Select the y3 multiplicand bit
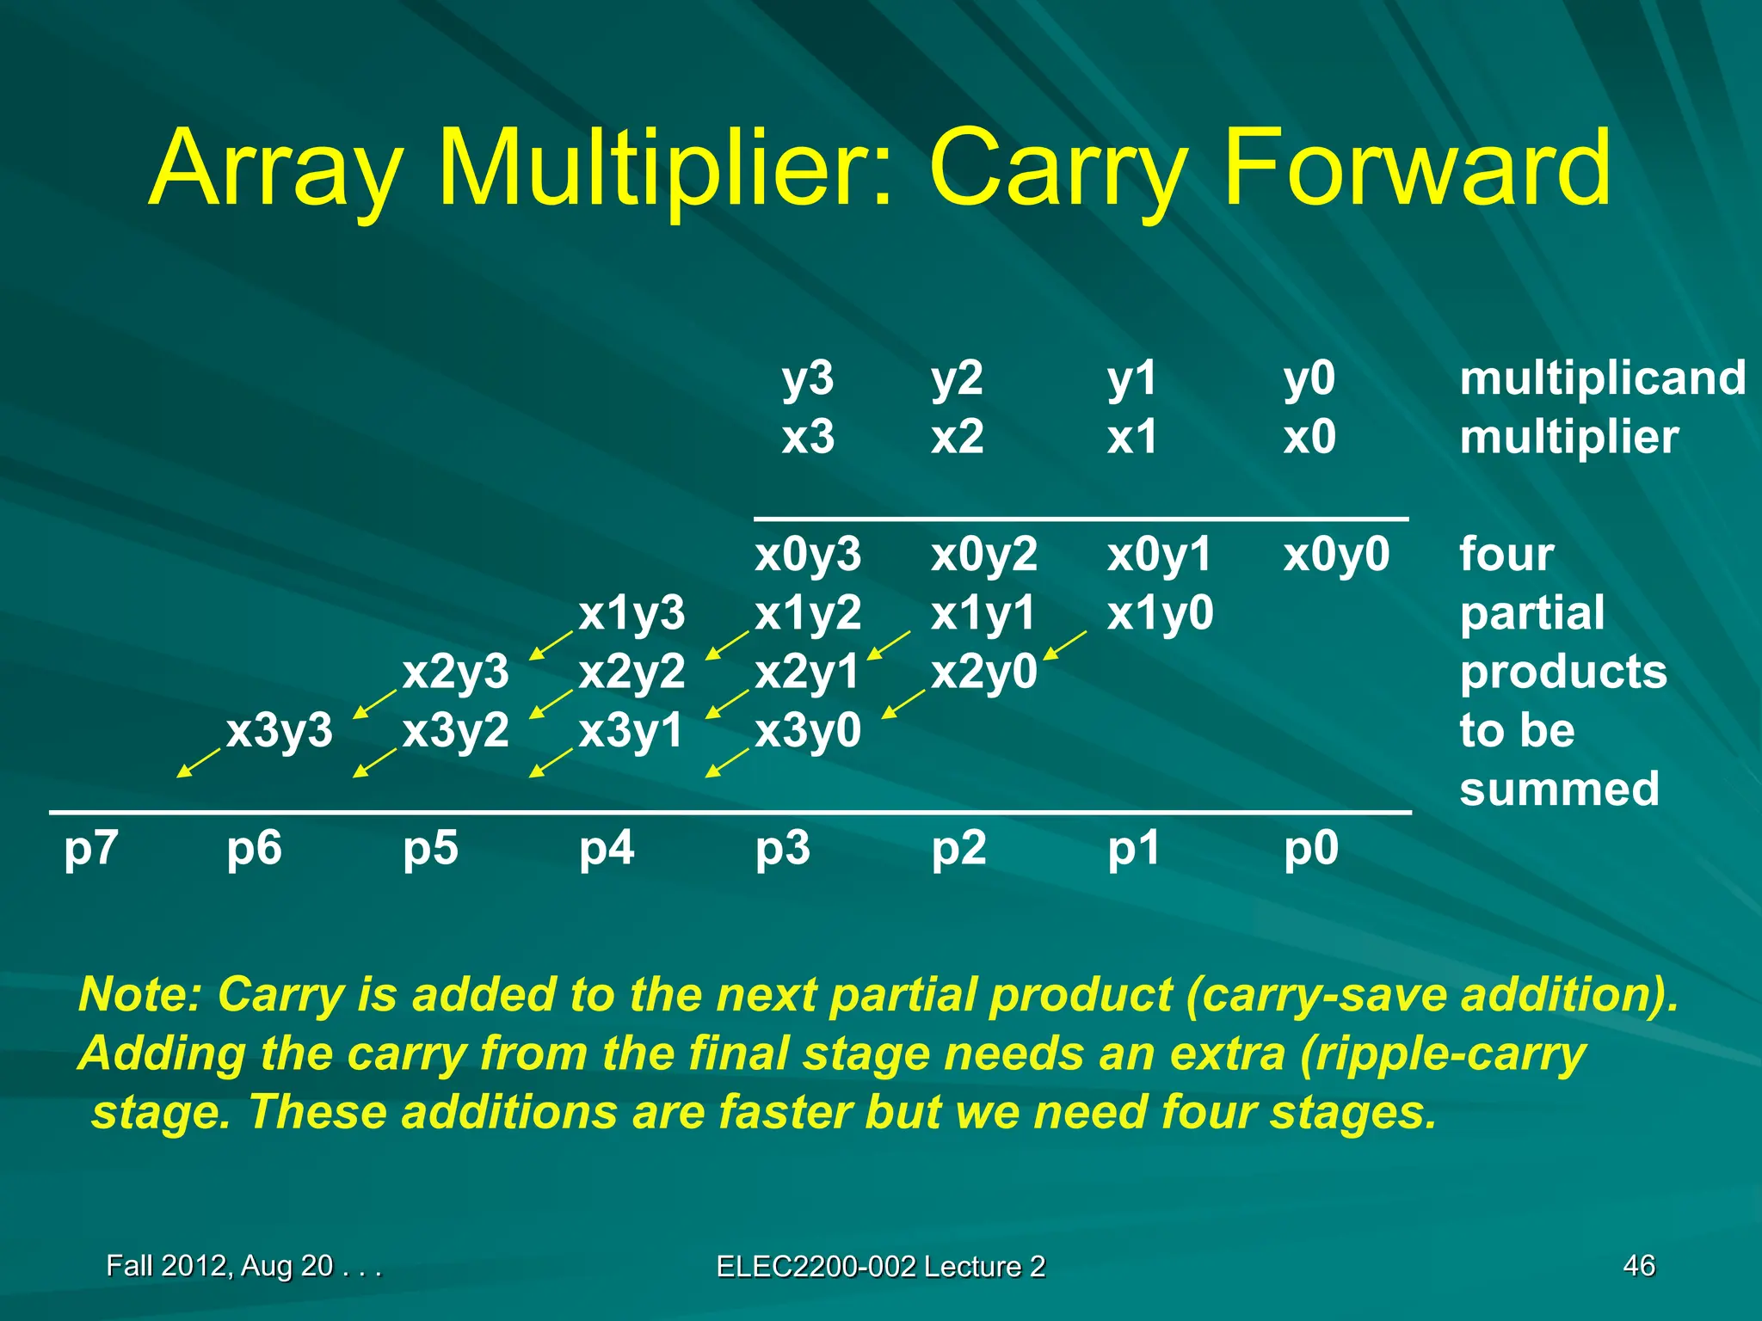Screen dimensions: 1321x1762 [807, 378]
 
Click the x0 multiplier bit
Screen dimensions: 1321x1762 [1309, 437]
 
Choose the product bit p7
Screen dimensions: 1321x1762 [90, 849]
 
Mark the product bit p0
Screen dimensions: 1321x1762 [1310, 849]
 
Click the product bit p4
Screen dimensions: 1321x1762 [606, 849]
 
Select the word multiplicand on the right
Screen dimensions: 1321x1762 [1602, 378]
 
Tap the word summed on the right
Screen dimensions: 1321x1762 [1559, 789]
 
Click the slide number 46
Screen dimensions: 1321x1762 [1638, 1265]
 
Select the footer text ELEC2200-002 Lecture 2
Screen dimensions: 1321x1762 [880, 1266]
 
